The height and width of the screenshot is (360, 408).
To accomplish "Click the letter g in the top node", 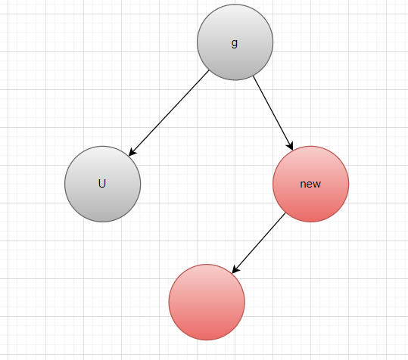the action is point(235,43).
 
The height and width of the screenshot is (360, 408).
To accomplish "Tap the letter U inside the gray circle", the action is point(102,184).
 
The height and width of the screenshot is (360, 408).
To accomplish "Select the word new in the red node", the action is point(310,184).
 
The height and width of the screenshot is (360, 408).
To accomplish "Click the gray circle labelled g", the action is point(235,42).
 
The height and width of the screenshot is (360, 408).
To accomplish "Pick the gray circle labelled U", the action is point(102,184).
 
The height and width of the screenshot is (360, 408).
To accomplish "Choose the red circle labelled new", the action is point(310,184).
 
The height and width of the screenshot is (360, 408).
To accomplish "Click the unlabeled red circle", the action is point(207,302).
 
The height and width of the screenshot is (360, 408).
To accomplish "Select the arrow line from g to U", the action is point(169,113).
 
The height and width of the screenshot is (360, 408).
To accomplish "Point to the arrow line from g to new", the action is point(273,113).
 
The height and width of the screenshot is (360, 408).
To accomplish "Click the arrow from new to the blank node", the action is point(259,243).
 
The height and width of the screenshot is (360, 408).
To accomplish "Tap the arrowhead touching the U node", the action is point(132,152).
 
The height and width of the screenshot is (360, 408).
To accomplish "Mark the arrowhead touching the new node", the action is point(291,146).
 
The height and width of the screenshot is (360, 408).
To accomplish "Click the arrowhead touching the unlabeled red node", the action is point(235,269).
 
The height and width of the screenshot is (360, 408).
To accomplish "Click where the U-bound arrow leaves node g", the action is point(209,70).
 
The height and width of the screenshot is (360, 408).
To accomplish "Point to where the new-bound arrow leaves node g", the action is point(253,76).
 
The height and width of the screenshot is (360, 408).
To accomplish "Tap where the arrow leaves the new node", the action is point(285,213).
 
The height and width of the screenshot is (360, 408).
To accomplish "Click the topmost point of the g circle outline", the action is point(235,5).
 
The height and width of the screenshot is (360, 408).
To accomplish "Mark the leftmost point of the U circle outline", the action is point(65,184).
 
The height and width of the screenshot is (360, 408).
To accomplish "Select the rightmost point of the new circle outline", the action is point(349,184).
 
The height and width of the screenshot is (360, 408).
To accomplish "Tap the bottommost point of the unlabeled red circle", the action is point(207,340).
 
